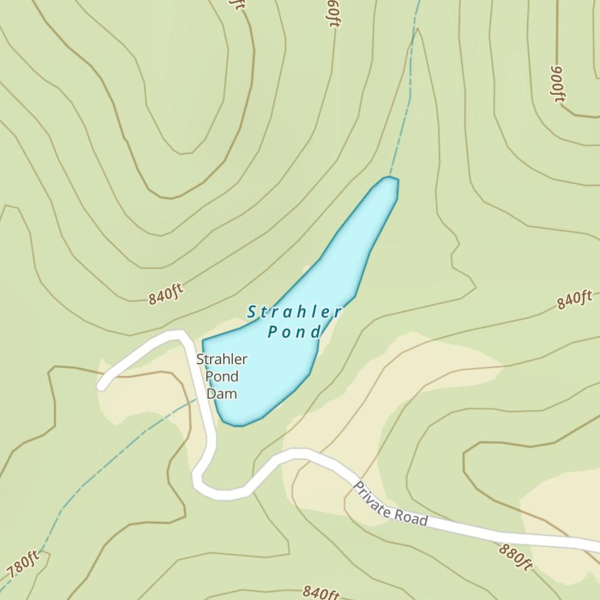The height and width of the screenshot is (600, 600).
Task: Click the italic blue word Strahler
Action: (x=294, y=312)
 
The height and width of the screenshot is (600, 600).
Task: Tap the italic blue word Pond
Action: (x=294, y=331)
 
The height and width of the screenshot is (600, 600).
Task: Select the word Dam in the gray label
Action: (x=221, y=394)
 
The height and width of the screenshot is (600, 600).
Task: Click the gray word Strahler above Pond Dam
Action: (x=221, y=359)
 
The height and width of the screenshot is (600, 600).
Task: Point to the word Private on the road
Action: (x=372, y=499)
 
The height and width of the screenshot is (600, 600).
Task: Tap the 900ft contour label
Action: (x=557, y=83)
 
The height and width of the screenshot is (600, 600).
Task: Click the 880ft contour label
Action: (x=515, y=556)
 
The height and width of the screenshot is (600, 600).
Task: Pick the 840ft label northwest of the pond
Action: (x=165, y=294)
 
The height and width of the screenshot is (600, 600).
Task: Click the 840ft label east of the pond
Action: (x=574, y=299)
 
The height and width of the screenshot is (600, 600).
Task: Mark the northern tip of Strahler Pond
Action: (x=391, y=179)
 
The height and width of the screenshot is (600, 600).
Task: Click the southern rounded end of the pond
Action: (x=237, y=423)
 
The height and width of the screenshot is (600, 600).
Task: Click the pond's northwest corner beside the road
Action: (x=205, y=342)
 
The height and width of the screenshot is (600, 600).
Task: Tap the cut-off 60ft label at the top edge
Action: (x=333, y=12)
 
